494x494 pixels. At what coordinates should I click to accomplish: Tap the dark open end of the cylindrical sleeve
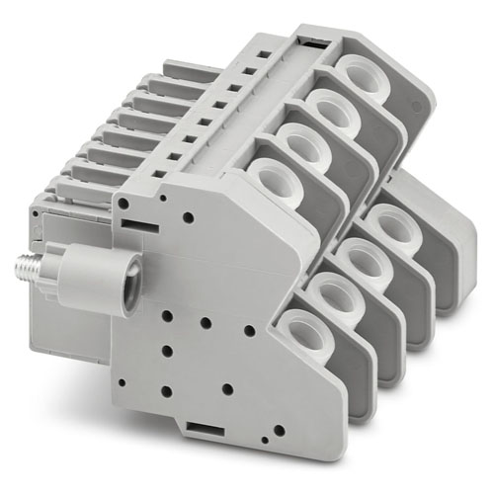coord(127,272)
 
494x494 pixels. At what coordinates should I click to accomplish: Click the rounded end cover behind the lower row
coord(454,247)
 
